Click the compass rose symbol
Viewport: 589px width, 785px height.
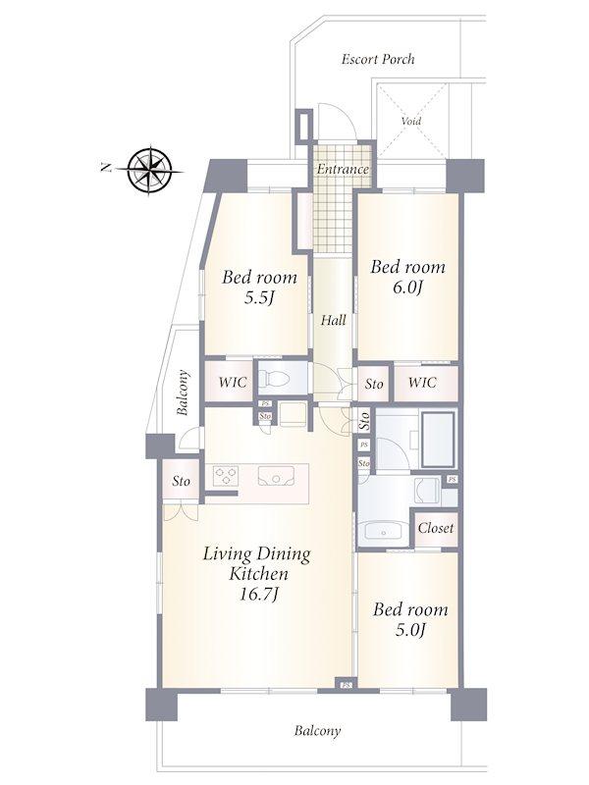pyautogui.click(x=150, y=170)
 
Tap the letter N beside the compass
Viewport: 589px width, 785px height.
pyautogui.click(x=106, y=168)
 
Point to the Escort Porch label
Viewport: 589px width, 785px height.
pyautogui.click(x=378, y=59)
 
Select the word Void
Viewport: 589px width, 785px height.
pyautogui.click(x=411, y=121)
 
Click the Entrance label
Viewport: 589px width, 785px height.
pyautogui.click(x=343, y=169)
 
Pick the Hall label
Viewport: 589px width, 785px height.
pyautogui.click(x=333, y=320)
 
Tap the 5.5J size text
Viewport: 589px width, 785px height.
pyautogui.click(x=259, y=298)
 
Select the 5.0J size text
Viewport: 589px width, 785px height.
pyautogui.click(x=410, y=630)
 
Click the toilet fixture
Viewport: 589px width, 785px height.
pyautogui.click(x=274, y=380)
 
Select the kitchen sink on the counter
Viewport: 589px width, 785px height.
pyautogui.click(x=276, y=476)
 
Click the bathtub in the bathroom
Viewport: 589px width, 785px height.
pyautogui.click(x=438, y=439)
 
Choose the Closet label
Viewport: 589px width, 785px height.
pyautogui.click(x=436, y=528)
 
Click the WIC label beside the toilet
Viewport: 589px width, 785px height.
pyautogui.click(x=233, y=382)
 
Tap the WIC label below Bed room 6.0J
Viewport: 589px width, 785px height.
pyautogui.click(x=422, y=382)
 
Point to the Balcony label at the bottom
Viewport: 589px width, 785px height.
pyautogui.click(x=317, y=731)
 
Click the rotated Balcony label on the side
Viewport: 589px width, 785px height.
pyautogui.click(x=183, y=392)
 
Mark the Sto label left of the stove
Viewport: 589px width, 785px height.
pyautogui.click(x=182, y=481)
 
